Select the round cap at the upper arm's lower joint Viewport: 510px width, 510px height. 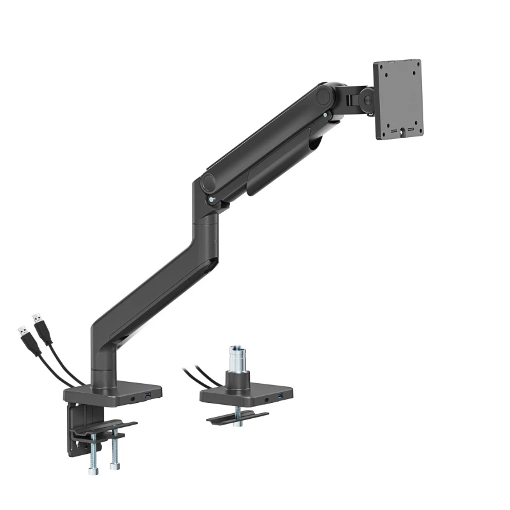(209, 182)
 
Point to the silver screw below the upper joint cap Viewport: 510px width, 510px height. (326, 115)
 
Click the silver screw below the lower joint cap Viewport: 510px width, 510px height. (211, 201)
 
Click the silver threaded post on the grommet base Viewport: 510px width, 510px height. (233, 358)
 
